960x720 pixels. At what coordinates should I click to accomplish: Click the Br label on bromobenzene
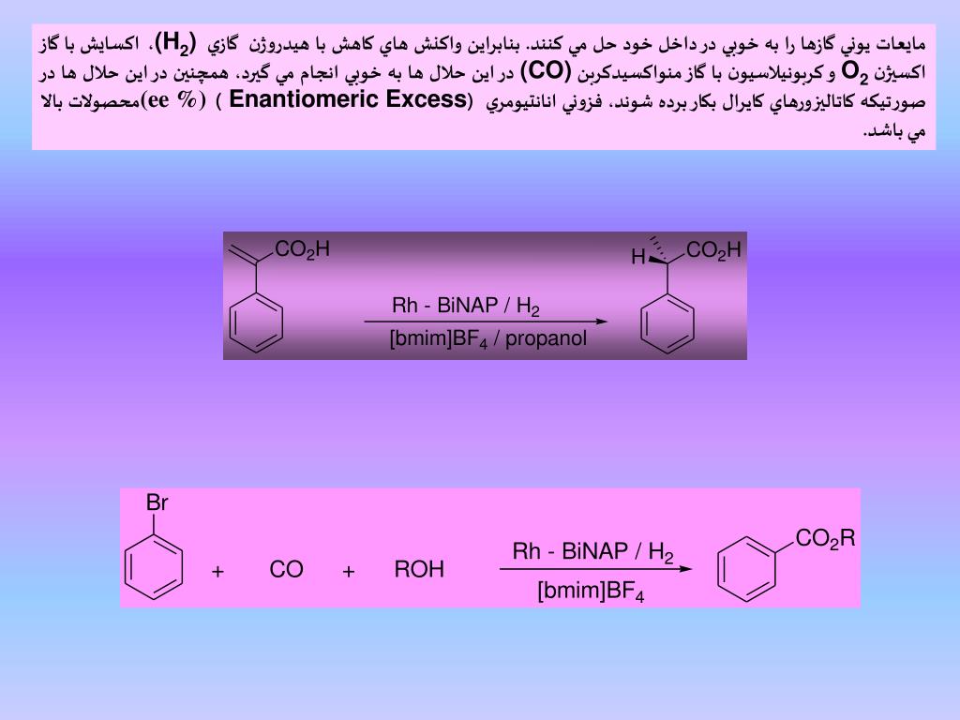157,503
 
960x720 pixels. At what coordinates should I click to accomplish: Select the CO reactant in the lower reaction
286,570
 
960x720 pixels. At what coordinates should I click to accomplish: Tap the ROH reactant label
419,570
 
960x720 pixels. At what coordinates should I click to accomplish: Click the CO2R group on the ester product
826,539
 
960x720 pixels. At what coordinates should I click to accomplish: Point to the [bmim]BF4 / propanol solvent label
487,338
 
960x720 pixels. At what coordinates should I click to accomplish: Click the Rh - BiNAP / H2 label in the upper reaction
466,307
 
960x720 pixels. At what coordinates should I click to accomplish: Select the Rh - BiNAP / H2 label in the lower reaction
592,552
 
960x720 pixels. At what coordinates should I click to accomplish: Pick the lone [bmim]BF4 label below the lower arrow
591,592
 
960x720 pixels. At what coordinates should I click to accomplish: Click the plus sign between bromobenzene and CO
217,571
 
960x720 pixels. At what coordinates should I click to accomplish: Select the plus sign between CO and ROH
349,571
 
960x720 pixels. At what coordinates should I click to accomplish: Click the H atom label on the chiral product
637,257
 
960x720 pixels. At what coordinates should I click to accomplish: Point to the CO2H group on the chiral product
713,250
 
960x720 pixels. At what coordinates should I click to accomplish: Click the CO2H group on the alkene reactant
302,249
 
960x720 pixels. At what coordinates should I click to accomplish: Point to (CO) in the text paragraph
540,71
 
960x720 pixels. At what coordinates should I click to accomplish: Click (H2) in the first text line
176,43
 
